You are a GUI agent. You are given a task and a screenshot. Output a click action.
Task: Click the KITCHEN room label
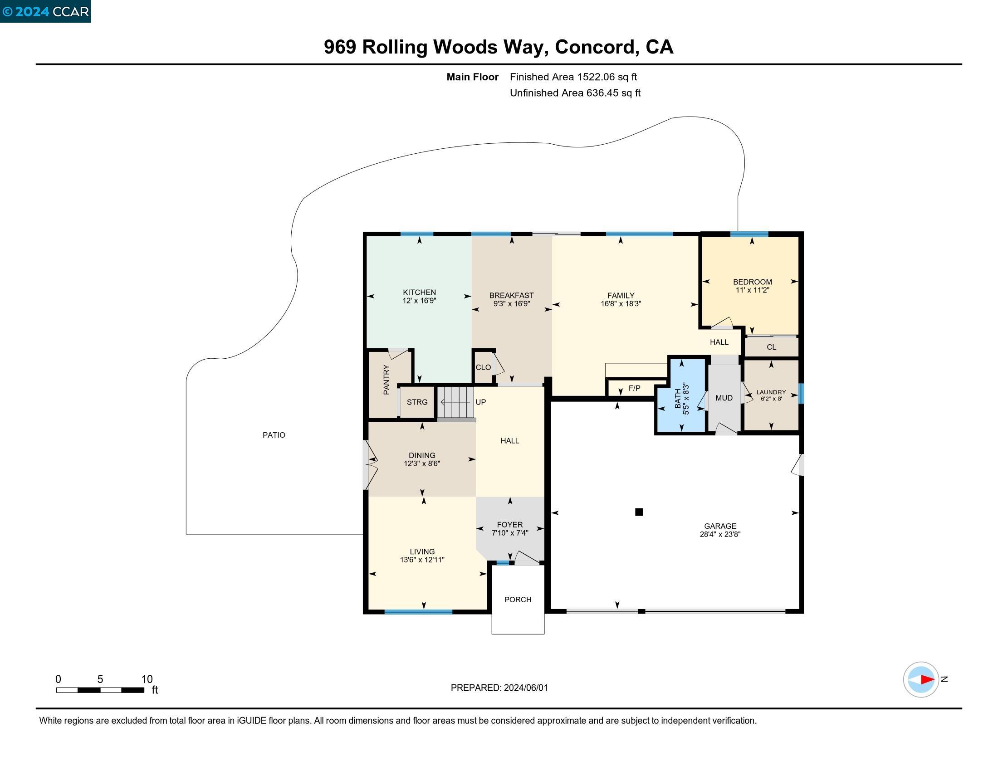419,293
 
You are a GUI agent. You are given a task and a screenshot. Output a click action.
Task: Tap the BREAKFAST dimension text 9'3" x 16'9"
511,304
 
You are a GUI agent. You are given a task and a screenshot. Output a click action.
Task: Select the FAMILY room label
621,296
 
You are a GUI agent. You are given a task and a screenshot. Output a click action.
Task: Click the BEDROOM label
752,282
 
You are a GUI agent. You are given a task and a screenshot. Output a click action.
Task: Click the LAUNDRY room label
771,392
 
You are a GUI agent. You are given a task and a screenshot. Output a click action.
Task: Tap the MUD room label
724,398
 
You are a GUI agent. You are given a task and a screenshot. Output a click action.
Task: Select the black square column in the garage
639,512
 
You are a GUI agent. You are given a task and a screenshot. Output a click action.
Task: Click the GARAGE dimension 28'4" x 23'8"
720,534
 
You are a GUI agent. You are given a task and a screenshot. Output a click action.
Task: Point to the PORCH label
518,600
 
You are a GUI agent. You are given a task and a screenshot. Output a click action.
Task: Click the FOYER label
509,525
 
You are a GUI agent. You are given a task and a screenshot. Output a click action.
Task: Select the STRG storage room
417,402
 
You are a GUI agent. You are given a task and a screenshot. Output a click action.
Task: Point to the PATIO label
274,435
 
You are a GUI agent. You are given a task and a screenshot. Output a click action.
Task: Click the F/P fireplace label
634,389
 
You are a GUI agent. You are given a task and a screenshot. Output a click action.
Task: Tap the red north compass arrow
927,680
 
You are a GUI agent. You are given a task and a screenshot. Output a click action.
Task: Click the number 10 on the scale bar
147,679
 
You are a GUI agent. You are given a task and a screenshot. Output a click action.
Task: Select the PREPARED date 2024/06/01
525,688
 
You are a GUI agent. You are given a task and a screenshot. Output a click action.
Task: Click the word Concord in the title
597,47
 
